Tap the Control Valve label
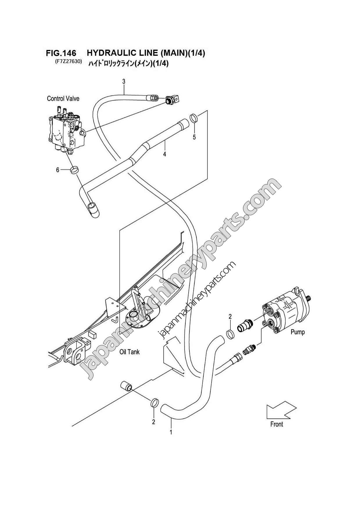point(63,98)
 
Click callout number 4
point(164,154)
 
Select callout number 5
point(194,137)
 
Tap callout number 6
point(58,170)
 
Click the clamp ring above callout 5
point(194,118)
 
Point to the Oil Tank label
point(130,352)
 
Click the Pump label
point(298,332)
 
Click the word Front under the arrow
point(276,424)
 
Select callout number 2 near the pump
point(230,316)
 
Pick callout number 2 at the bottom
point(153,422)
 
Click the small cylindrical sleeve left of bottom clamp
point(126,387)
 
